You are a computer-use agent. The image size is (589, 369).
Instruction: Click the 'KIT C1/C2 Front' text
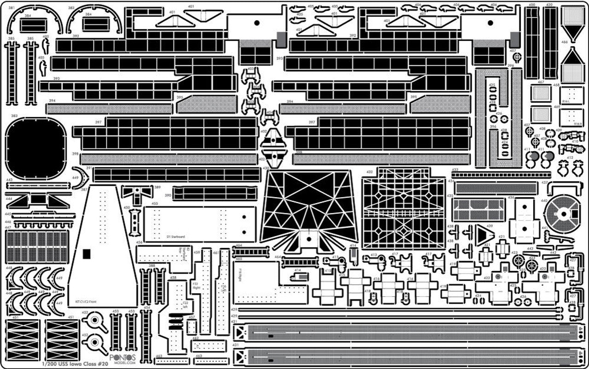point(87,302)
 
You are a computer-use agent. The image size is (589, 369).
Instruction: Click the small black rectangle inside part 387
point(86,253)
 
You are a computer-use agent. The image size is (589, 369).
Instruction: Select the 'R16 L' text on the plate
point(566,101)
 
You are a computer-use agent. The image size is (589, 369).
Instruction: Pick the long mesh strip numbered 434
point(496,188)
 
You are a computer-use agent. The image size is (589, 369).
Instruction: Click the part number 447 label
point(8,228)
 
